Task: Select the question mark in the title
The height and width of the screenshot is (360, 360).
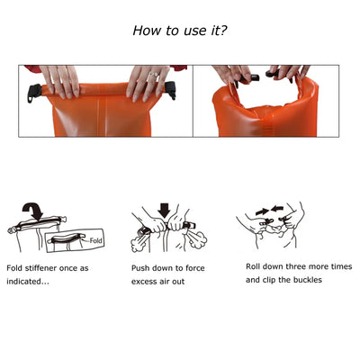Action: pos(223,31)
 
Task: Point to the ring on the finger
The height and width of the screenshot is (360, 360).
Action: pos(155,78)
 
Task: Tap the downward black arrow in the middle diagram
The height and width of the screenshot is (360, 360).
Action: pos(164,213)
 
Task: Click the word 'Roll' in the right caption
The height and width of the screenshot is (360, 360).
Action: pos(255,266)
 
